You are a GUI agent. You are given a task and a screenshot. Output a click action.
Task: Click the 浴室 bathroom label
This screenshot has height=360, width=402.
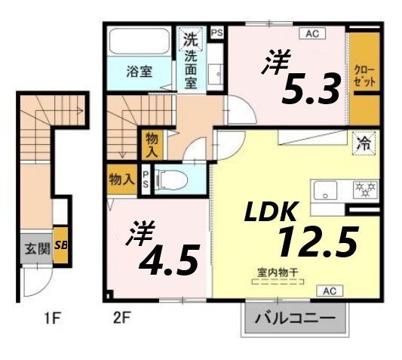click(139, 72)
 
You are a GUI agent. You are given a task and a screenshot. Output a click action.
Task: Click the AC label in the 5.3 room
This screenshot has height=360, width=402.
click(311, 33)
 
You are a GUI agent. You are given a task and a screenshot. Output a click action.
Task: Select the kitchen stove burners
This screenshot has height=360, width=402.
click(367, 186)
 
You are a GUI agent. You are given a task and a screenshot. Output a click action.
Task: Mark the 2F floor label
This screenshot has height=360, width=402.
click(122, 318)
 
